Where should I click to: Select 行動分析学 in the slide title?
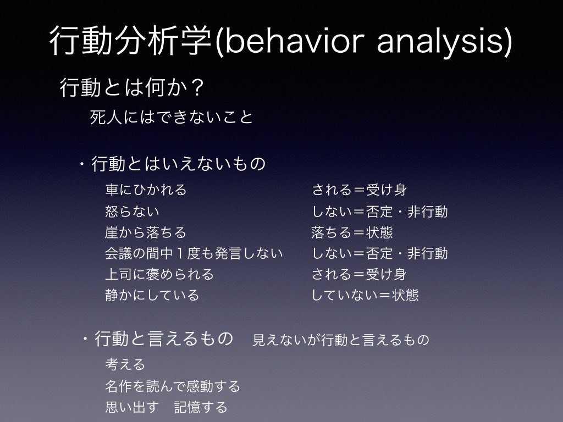tap(130, 40)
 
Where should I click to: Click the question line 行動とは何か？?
tap(132, 87)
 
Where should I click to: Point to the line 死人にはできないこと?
tap(172, 117)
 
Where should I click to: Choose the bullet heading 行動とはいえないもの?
tap(179, 164)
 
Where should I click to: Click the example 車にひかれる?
tap(146, 190)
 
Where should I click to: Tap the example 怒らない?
tap(132, 211)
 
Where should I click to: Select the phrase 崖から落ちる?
tap(145, 232)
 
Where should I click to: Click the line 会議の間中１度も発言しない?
tap(194, 253)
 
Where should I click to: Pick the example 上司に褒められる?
tap(159, 274)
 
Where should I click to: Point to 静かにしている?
tap(152, 295)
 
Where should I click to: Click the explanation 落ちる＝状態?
tap(352, 232)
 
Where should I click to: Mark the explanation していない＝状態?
tap(365, 295)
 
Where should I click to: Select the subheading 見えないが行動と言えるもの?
tap(341, 340)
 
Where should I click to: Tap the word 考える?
tap(125, 364)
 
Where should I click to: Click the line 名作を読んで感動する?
tap(172, 386)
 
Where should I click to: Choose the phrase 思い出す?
tap(132, 407)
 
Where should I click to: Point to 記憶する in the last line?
tap(200, 407)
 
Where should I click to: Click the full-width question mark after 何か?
tap(198, 87)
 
